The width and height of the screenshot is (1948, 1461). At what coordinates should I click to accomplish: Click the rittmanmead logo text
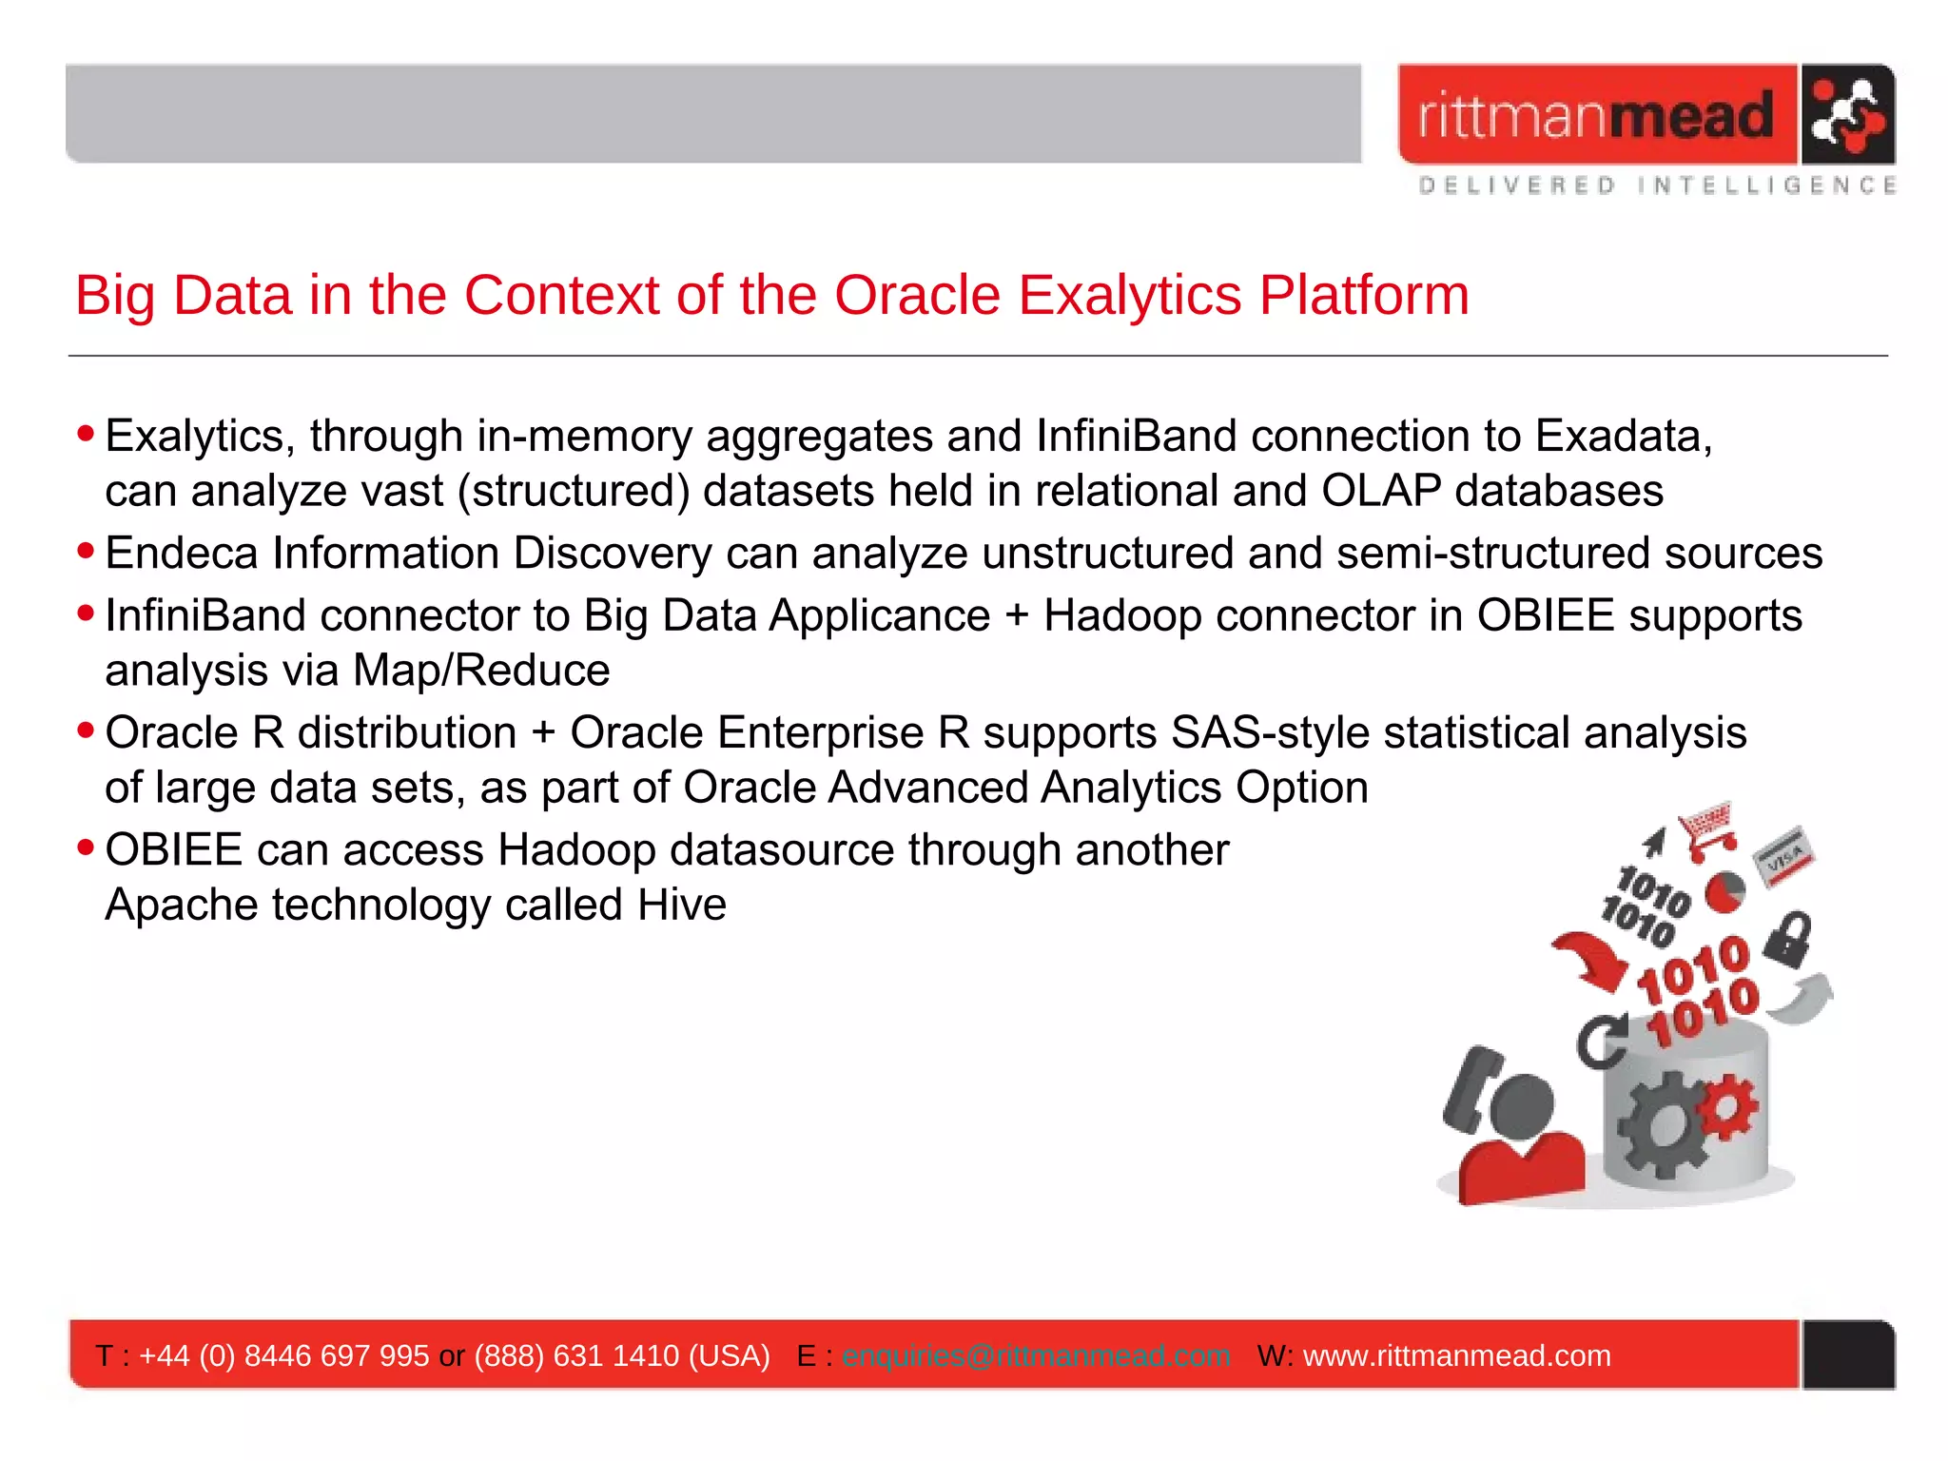(x=1595, y=116)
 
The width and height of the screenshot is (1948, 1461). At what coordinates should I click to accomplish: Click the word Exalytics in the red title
(x=1130, y=296)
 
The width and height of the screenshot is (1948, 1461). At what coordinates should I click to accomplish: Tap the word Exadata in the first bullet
(x=1623, y=436)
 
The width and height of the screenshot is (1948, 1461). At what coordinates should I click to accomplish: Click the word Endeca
(x=182, y=554)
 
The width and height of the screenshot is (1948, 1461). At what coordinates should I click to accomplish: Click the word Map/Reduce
(x=481, y=671)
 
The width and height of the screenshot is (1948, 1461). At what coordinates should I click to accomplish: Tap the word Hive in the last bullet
(x=681, y=905)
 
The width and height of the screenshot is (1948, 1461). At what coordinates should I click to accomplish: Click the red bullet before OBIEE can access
(x=86, y=846)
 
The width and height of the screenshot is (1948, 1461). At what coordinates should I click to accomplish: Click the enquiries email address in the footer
(x=1035, y=1355)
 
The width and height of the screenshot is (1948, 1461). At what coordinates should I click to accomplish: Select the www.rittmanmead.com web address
(x=1456, y=1355)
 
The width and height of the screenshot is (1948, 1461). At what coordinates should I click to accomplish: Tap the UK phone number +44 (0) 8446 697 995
(x=283, y=1355)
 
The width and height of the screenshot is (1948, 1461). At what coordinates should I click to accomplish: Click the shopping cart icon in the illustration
(x=1707, y=828)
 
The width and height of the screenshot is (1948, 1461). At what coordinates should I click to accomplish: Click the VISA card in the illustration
(x=1783, y=856)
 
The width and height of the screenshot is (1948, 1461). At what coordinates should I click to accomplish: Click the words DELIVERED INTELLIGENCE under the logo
(x=1656, y=185)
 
